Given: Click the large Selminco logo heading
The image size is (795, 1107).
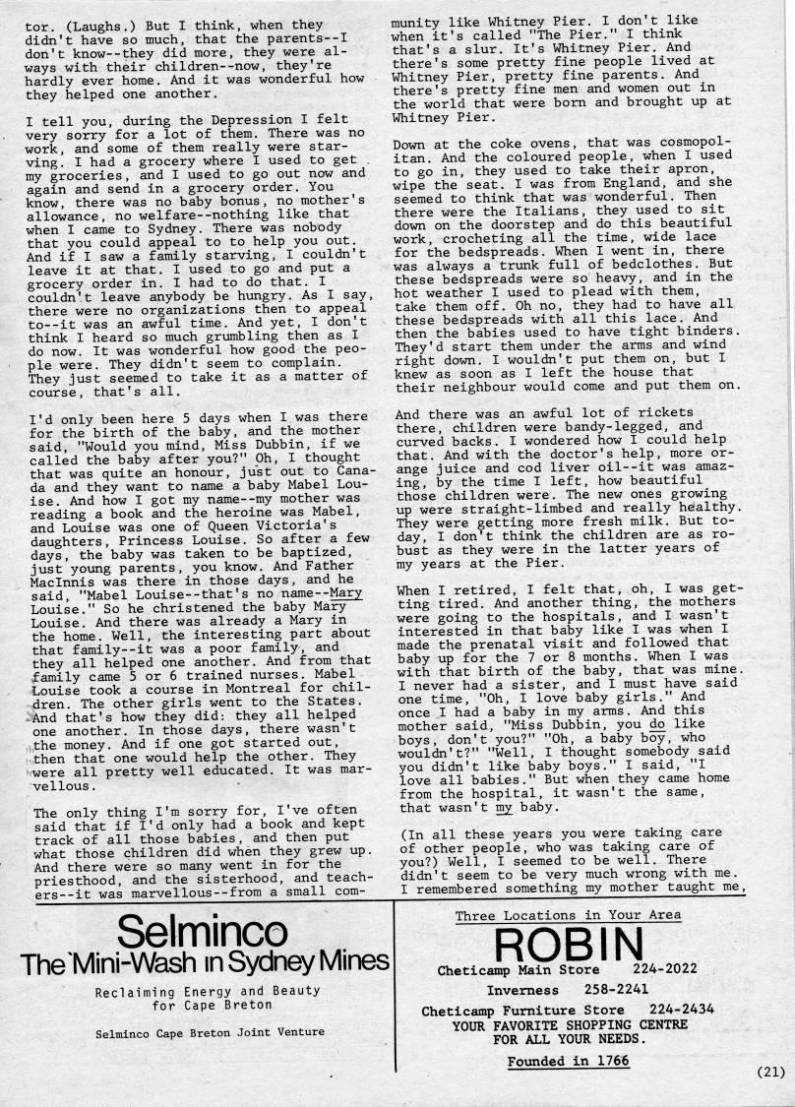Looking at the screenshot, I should click(202, 929).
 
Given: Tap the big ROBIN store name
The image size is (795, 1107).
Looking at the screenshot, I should click(570, 944).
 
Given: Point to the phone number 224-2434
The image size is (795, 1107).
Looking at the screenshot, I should click(682, 1010).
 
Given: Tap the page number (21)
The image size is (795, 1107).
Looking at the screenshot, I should click(770, 1073).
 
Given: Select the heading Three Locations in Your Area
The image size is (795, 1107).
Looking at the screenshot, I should click(569, 915).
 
